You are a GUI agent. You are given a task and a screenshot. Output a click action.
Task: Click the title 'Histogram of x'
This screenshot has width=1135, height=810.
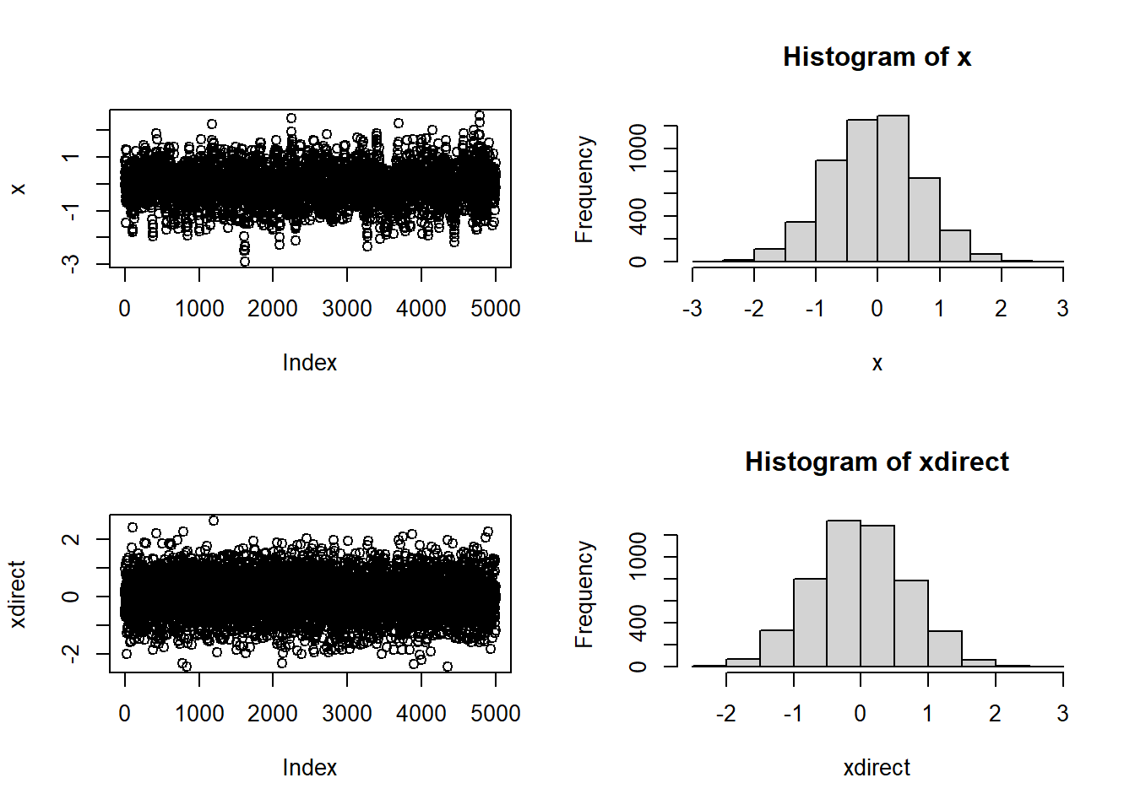tap(877, 57)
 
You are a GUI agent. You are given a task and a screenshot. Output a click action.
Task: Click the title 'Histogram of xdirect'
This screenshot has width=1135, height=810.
tap(877, 462)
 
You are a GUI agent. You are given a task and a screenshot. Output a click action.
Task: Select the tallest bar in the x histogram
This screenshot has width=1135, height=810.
tap(893, 189)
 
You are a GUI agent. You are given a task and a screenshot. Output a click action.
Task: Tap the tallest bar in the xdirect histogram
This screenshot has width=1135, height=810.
tap(844, 594)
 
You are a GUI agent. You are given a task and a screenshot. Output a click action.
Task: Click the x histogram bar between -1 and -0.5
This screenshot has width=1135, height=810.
tap(831, 211)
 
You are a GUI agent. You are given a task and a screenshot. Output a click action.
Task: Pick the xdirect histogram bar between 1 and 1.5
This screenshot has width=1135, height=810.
tap(944, 649)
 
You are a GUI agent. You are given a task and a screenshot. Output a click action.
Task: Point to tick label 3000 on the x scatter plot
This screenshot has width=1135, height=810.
tap(347, 309)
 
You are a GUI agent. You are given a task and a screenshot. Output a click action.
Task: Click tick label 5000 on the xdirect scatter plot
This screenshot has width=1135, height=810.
tap(496, 714)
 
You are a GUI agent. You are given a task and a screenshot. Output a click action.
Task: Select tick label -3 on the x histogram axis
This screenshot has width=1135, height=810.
tap(692, 309)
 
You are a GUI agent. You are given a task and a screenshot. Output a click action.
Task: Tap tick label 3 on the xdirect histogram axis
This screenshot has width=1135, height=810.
tap(1062, 714)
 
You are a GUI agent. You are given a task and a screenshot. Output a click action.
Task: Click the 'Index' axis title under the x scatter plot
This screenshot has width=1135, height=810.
tap(310, 363)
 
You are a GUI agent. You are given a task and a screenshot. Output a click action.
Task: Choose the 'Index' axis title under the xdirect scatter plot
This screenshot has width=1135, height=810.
tap(310, 768)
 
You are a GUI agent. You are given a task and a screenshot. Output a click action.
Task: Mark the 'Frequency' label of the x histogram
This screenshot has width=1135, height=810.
tap(584, 189)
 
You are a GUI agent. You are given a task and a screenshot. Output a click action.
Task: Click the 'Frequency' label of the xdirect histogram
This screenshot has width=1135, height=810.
tap(584, 594)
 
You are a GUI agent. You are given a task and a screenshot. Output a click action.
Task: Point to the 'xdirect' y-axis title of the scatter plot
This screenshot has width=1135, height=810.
tap(18, 594)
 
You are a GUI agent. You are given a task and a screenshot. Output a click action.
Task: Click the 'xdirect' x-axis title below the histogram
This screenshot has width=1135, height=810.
tap(877, 768)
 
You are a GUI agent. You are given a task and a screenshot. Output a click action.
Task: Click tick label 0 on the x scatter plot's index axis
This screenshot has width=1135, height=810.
tap(125, 309)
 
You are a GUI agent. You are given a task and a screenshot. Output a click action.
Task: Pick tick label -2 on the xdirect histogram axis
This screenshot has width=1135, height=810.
tap(725, 714)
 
